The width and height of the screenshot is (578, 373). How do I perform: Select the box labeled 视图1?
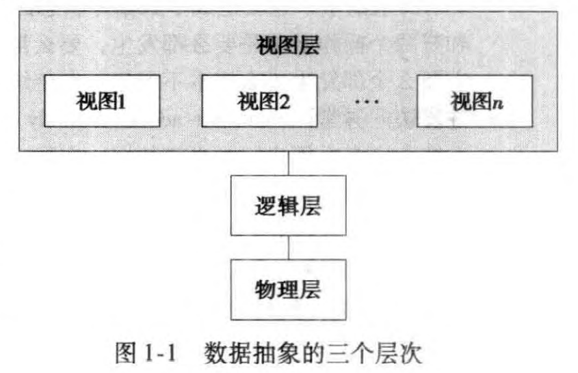tap(104, 102)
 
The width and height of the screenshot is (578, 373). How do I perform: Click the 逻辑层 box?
tap(288, 206)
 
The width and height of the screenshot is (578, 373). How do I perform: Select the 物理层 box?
tap(288, 288)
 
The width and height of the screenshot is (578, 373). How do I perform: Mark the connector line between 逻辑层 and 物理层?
tap(288, 247)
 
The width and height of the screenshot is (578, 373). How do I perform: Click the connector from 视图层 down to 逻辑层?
tap(288, 163)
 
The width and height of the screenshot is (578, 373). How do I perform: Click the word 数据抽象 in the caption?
tap(247, 354)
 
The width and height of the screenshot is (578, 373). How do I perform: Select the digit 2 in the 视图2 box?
tap(285, 103)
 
